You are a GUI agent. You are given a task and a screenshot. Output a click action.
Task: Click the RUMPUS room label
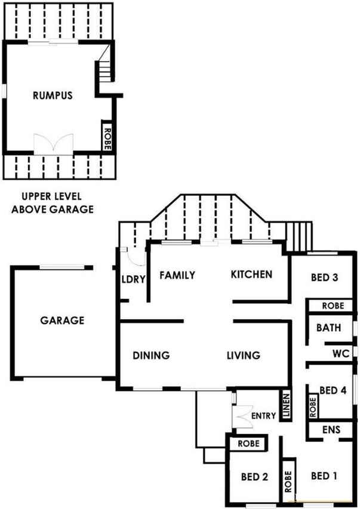53,95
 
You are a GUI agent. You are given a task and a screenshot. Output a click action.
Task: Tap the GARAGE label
62,320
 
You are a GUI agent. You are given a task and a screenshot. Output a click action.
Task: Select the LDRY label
133,279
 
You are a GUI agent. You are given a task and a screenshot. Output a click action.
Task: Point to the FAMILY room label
177,275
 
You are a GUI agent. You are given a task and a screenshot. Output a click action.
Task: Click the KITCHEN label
251,274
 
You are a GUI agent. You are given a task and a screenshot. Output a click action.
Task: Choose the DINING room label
151,356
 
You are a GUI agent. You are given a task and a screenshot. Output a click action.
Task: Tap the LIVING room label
244,356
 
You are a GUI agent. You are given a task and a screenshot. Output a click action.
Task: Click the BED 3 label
325,277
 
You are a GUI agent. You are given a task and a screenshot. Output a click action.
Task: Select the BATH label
329,328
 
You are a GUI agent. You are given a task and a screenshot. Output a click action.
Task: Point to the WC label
341,353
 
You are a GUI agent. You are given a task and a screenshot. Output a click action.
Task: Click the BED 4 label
333,390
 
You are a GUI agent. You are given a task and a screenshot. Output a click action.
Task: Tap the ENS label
331,430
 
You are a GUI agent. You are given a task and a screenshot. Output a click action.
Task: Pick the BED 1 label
324,476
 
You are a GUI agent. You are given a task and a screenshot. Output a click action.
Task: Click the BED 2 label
254,477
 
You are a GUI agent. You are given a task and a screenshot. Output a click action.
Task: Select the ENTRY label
263,416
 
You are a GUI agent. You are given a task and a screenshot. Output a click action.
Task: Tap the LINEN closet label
286,405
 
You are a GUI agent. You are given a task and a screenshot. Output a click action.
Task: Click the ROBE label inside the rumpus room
107,138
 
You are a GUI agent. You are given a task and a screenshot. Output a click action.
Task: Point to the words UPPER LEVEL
52,196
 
